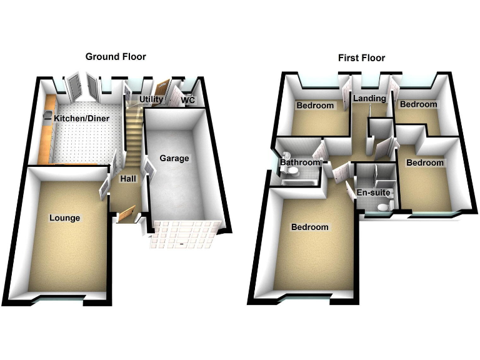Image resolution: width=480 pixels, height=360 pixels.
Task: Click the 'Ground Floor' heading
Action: coord(116,57)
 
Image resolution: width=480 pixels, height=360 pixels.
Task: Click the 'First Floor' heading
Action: coord(361,58)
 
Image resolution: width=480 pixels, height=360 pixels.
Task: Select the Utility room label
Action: coord(151,99)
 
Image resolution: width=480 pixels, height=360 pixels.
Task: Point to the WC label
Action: coord(187,100)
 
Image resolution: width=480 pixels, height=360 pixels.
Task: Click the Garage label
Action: coord(174,158)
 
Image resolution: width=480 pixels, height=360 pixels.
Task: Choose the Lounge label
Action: coord(65,218)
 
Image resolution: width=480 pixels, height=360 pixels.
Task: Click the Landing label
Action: coord(369,99)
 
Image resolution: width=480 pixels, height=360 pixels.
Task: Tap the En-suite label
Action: coord(373,192)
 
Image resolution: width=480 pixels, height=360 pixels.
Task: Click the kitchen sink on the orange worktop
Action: coord(47,115)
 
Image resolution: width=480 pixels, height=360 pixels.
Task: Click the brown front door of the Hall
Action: coord(127,213)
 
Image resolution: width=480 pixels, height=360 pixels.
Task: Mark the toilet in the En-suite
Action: coord(388,206)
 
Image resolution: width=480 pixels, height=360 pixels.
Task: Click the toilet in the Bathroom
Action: coord(287,156)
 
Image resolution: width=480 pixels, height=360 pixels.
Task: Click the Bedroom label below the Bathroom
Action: coord(309,227)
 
